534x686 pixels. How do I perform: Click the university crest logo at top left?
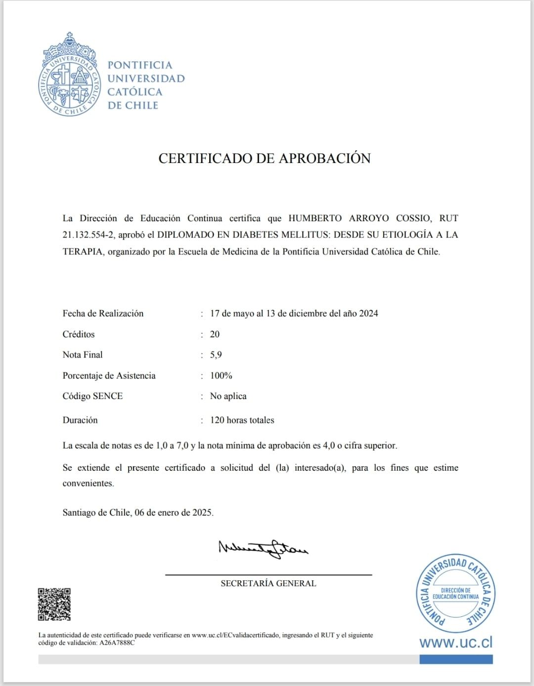[69, 75]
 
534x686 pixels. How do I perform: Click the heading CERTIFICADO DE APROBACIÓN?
[265, 158]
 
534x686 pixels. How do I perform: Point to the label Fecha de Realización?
[103, 313]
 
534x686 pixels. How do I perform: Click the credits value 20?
[215, 334]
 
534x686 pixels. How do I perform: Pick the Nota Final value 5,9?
[216, 355]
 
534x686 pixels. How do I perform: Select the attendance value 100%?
[221, 375]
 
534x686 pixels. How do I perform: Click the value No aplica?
[228, 396]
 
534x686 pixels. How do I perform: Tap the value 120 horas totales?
[242, 420]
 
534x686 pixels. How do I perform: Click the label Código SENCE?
[92, 396]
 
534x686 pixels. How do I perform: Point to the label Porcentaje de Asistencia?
[109, 375]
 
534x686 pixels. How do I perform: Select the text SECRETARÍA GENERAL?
[268, 583]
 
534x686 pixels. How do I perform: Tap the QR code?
[54, 604]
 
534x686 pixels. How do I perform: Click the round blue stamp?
[455, 593]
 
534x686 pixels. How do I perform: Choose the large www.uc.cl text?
[456, 642]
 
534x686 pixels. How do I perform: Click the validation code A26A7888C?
[117, 643]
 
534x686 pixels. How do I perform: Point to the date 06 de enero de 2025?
[174, 513]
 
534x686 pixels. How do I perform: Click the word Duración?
[80, 420]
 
